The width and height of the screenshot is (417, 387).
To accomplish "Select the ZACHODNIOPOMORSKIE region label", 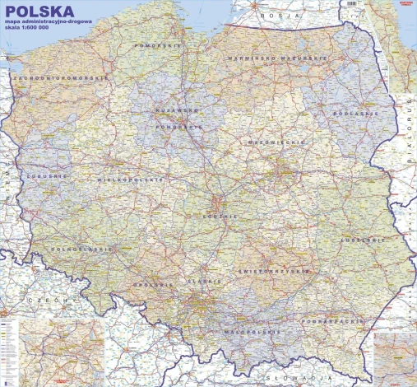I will [60, 77].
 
